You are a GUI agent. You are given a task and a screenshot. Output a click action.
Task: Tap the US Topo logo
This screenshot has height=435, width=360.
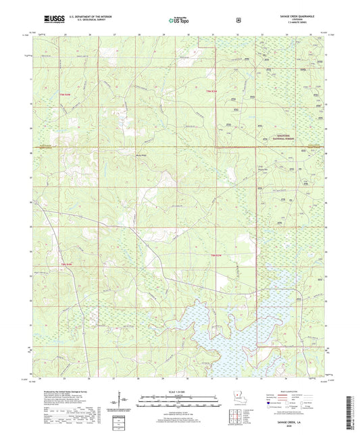(x=178, y=20)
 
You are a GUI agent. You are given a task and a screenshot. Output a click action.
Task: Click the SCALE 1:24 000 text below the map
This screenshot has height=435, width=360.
(x=179, y=392)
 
